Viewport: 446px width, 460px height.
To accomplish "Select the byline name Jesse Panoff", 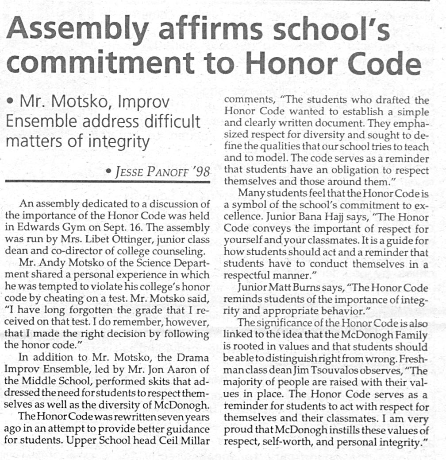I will pyautogui.click(x=151, y=172).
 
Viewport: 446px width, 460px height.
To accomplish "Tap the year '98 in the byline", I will pyautogui.click(x=200, y=171).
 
